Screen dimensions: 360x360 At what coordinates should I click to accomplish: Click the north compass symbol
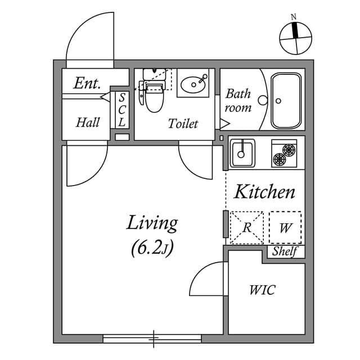(x=295, y=38)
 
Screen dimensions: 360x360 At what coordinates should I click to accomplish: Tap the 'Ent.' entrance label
(x=87, y=84)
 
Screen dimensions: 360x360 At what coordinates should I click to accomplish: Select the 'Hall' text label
(x=88, y=122)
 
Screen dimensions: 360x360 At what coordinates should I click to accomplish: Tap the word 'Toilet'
(x=183, y=124)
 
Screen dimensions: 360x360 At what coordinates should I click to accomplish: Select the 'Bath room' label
(x=238, y=100)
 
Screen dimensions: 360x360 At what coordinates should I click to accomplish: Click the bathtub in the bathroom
(x=287, y=100)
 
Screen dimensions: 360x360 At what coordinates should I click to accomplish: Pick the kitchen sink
(x=242, y=152)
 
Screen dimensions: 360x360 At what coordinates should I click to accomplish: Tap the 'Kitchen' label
(x=264, y=192)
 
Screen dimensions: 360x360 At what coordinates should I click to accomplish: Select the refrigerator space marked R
(x=246, y=227)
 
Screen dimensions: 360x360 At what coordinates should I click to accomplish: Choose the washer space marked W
(x=285, y=227)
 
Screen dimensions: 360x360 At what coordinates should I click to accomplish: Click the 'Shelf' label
(x=284, y=252)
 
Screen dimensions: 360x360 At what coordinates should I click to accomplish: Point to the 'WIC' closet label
(x=262, y=290)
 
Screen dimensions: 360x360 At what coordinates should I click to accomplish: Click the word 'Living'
(x=152, y=223)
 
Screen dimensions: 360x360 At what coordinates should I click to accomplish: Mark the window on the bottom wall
(x=152, y=339)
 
